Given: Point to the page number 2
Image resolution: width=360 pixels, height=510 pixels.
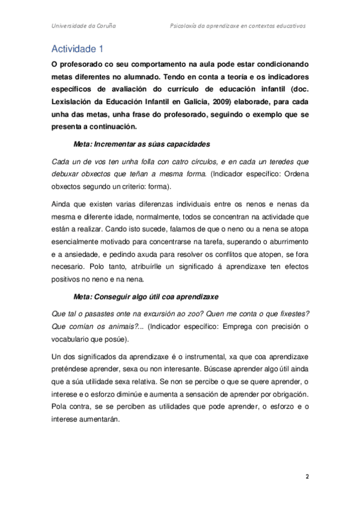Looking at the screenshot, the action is (307, 477).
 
